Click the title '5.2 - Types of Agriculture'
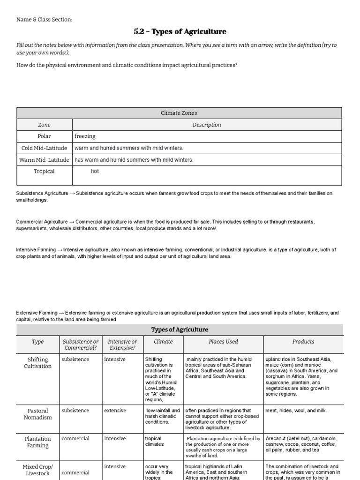180,32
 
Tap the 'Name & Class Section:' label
44,19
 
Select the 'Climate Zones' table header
179,113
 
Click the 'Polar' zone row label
44,136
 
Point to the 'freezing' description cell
85,136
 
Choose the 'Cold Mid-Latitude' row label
44,148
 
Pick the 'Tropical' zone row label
44,172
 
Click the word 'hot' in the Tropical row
95,172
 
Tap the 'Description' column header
207,125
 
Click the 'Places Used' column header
223,342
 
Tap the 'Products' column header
303,342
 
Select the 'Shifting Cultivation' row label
37,363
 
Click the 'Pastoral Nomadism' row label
37,414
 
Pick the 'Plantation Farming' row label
37,442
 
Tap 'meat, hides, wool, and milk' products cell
297,411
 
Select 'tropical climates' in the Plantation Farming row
155,441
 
